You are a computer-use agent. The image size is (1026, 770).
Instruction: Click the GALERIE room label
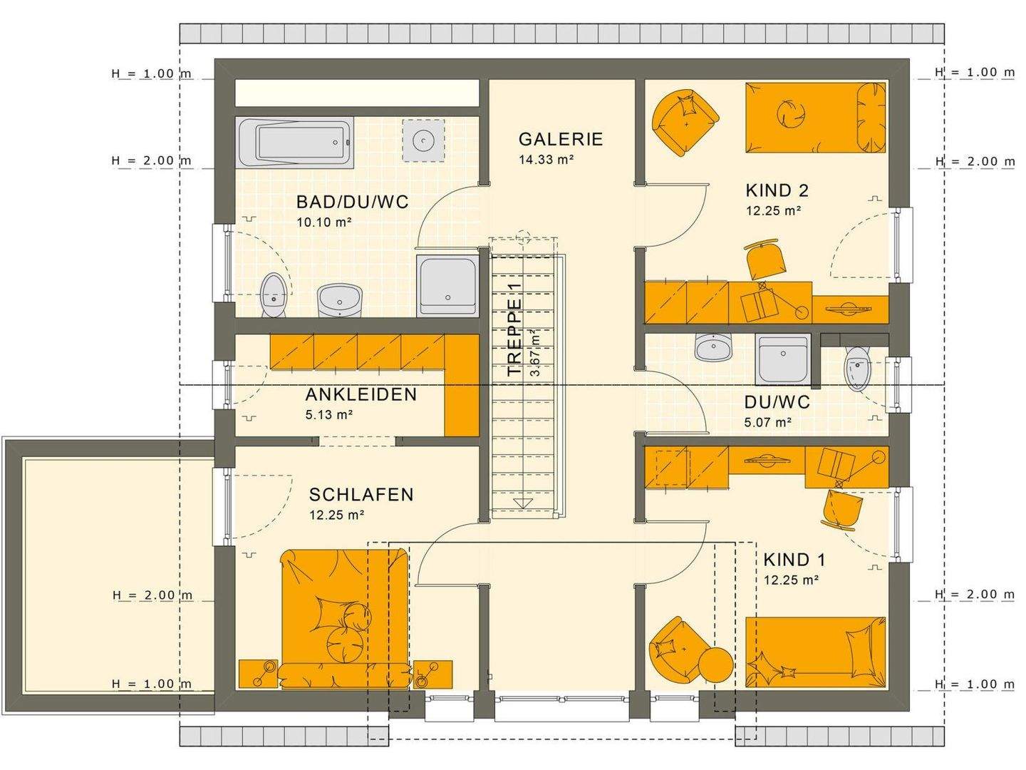(561, 139)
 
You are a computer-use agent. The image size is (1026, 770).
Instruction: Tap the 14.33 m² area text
(546, 160)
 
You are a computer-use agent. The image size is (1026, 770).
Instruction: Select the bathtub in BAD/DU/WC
(294, 143)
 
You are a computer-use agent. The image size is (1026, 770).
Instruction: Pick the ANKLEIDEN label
(361, 394)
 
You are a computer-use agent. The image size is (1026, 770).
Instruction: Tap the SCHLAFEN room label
(361, 494)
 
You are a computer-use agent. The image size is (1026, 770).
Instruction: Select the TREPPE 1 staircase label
(514, 329)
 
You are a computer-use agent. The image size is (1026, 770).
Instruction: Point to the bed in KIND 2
(815, 117)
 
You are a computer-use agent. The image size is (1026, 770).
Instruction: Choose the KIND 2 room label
(777, 190)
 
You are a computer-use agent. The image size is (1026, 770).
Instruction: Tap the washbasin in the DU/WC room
(713, 348)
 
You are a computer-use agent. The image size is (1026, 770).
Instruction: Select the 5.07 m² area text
(768, 422)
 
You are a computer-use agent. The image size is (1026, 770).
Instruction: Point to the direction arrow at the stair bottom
(524, 503)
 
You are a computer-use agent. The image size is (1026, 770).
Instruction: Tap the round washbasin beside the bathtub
(424, 140)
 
